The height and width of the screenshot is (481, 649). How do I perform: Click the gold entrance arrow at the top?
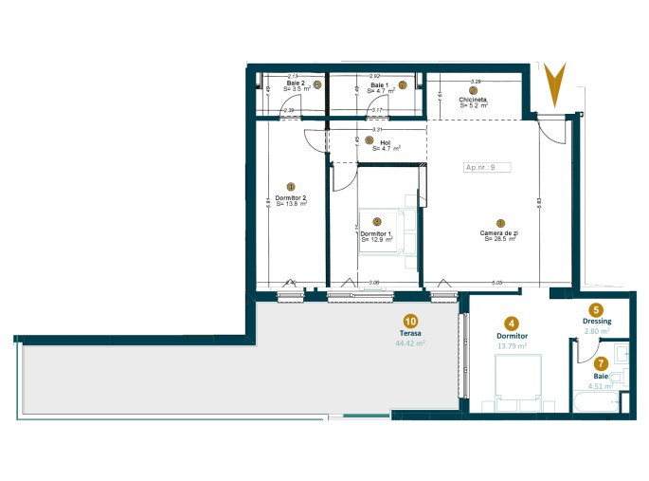[x=554, y=83]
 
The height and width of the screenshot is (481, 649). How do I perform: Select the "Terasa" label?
[x=410, y=334]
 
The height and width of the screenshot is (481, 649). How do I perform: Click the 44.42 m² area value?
[x=410, y=344]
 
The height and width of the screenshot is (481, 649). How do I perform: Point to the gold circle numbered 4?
[x=512, y=323]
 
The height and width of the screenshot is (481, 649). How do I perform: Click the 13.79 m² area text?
[x=512, y=346]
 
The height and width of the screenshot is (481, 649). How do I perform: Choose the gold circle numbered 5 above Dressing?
[x=596, y=309]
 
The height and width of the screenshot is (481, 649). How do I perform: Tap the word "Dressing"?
[x=597, y=322]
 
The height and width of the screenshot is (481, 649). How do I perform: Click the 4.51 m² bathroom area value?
[x=597, y=386]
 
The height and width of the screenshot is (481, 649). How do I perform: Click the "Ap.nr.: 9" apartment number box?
[x=487, y=167]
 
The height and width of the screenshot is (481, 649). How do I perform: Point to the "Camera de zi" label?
[x=497, y=232]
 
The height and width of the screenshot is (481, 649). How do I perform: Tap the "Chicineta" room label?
[x=473, y=100]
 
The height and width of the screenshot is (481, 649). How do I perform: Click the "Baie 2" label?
[x=297, y=83]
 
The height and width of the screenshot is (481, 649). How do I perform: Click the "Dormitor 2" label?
[x=291, y=197]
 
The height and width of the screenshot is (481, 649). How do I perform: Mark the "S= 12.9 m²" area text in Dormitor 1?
[x=376, y=239]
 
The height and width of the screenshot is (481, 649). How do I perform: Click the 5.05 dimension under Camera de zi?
[x=496, y=282]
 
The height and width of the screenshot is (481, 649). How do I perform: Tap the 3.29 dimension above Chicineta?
[x=475, y=82]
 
